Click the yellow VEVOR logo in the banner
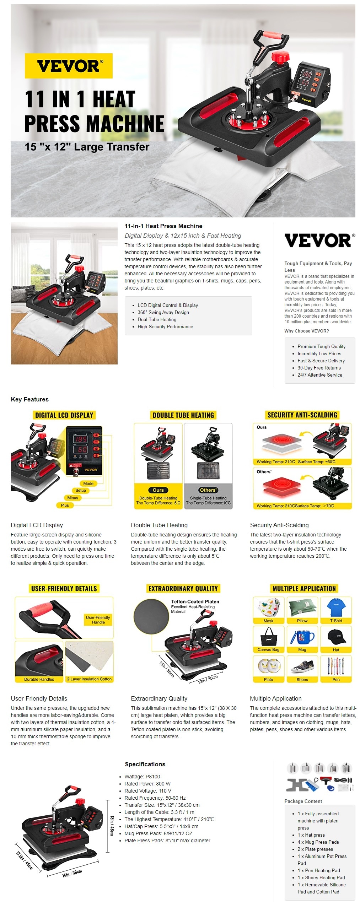69,66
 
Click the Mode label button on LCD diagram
88,484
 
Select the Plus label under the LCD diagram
65,505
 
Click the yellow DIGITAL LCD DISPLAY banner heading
64,415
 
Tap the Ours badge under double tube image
158,490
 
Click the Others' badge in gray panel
208,490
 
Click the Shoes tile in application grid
302,669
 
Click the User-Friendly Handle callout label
98,620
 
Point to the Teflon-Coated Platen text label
195,601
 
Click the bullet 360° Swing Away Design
163,312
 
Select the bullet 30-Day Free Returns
319,368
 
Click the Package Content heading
303,801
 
